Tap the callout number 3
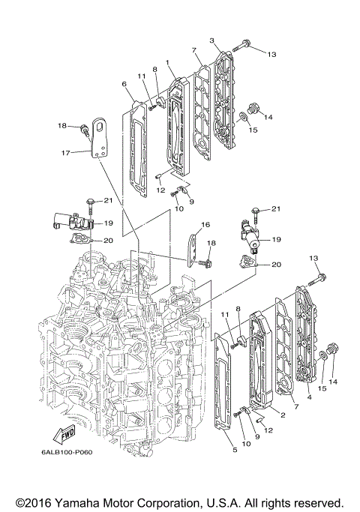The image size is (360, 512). coord(212,40)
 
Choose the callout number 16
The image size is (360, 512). coord(205,223)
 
